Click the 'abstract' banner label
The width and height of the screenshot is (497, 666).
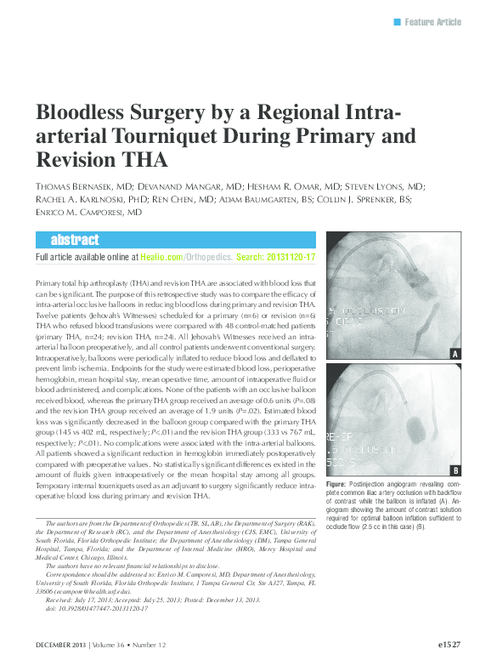[74, 240]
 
